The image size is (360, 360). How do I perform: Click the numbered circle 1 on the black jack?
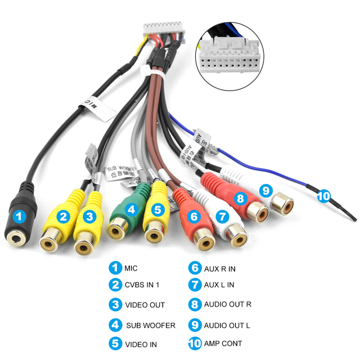point(19,215)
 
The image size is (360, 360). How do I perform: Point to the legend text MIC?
point(130,268)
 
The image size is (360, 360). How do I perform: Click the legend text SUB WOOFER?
point(151,325)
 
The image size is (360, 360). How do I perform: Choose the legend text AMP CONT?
point(223,343)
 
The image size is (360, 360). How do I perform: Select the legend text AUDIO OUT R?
point(228,304)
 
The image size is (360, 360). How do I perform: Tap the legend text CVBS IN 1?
point(142,285)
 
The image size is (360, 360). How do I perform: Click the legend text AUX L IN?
point(219,285)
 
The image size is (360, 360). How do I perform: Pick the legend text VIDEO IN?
point(141,344)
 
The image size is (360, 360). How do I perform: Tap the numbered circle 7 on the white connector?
point(222,215)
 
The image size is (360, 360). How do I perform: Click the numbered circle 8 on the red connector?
point(240,198)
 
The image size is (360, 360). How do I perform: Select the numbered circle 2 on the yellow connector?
point(64,215)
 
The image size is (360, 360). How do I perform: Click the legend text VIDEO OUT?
point(145,305)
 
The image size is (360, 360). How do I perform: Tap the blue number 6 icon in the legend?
point(195,268)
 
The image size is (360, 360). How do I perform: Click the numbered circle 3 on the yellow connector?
point(88,215)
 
